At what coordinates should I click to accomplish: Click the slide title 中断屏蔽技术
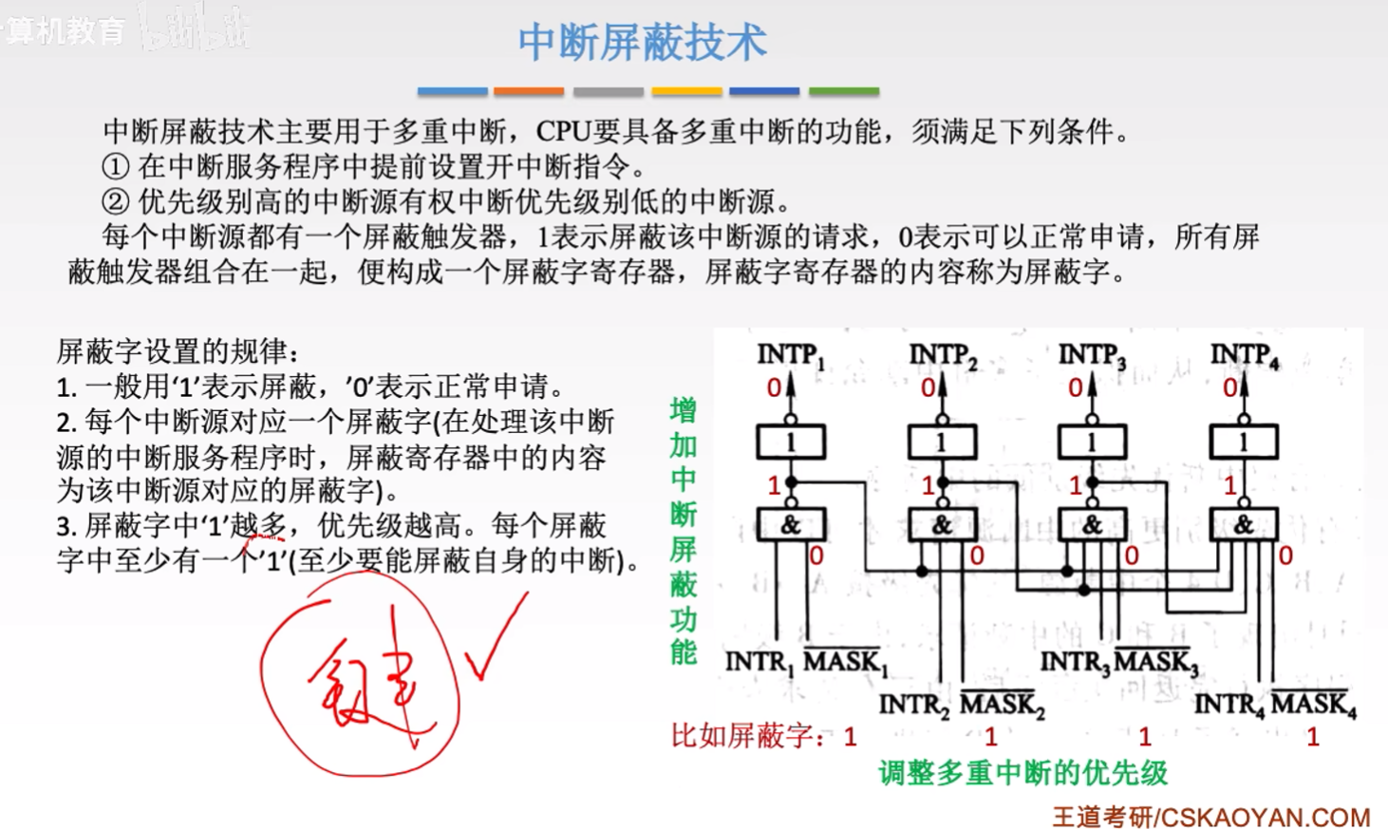tap(642, 43)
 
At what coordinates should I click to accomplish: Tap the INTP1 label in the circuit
tap(790, 356)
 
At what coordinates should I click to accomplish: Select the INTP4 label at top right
tap(1244, 356)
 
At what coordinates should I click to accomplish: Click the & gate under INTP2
tap(941, 525)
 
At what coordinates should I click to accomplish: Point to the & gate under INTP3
tap(1092, 525)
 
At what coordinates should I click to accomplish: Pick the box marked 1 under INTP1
tap(790, 442)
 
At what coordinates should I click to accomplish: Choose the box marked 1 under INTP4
tap(1243, 442)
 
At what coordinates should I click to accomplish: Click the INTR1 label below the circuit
tap(760, 662)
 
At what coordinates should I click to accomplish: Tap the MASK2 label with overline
tap(1002, 705)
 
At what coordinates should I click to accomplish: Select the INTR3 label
tap(1075, 662)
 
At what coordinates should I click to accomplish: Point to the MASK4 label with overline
tap(1313, 705)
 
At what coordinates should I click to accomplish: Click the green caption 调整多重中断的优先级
tap(1022, 773)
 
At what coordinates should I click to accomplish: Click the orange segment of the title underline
tap(529, 92)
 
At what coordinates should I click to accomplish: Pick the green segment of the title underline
tap(843, 92)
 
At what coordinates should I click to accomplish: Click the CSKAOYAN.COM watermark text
tap(1263, 817)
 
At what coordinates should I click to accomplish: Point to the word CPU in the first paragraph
tap(563, 131)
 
